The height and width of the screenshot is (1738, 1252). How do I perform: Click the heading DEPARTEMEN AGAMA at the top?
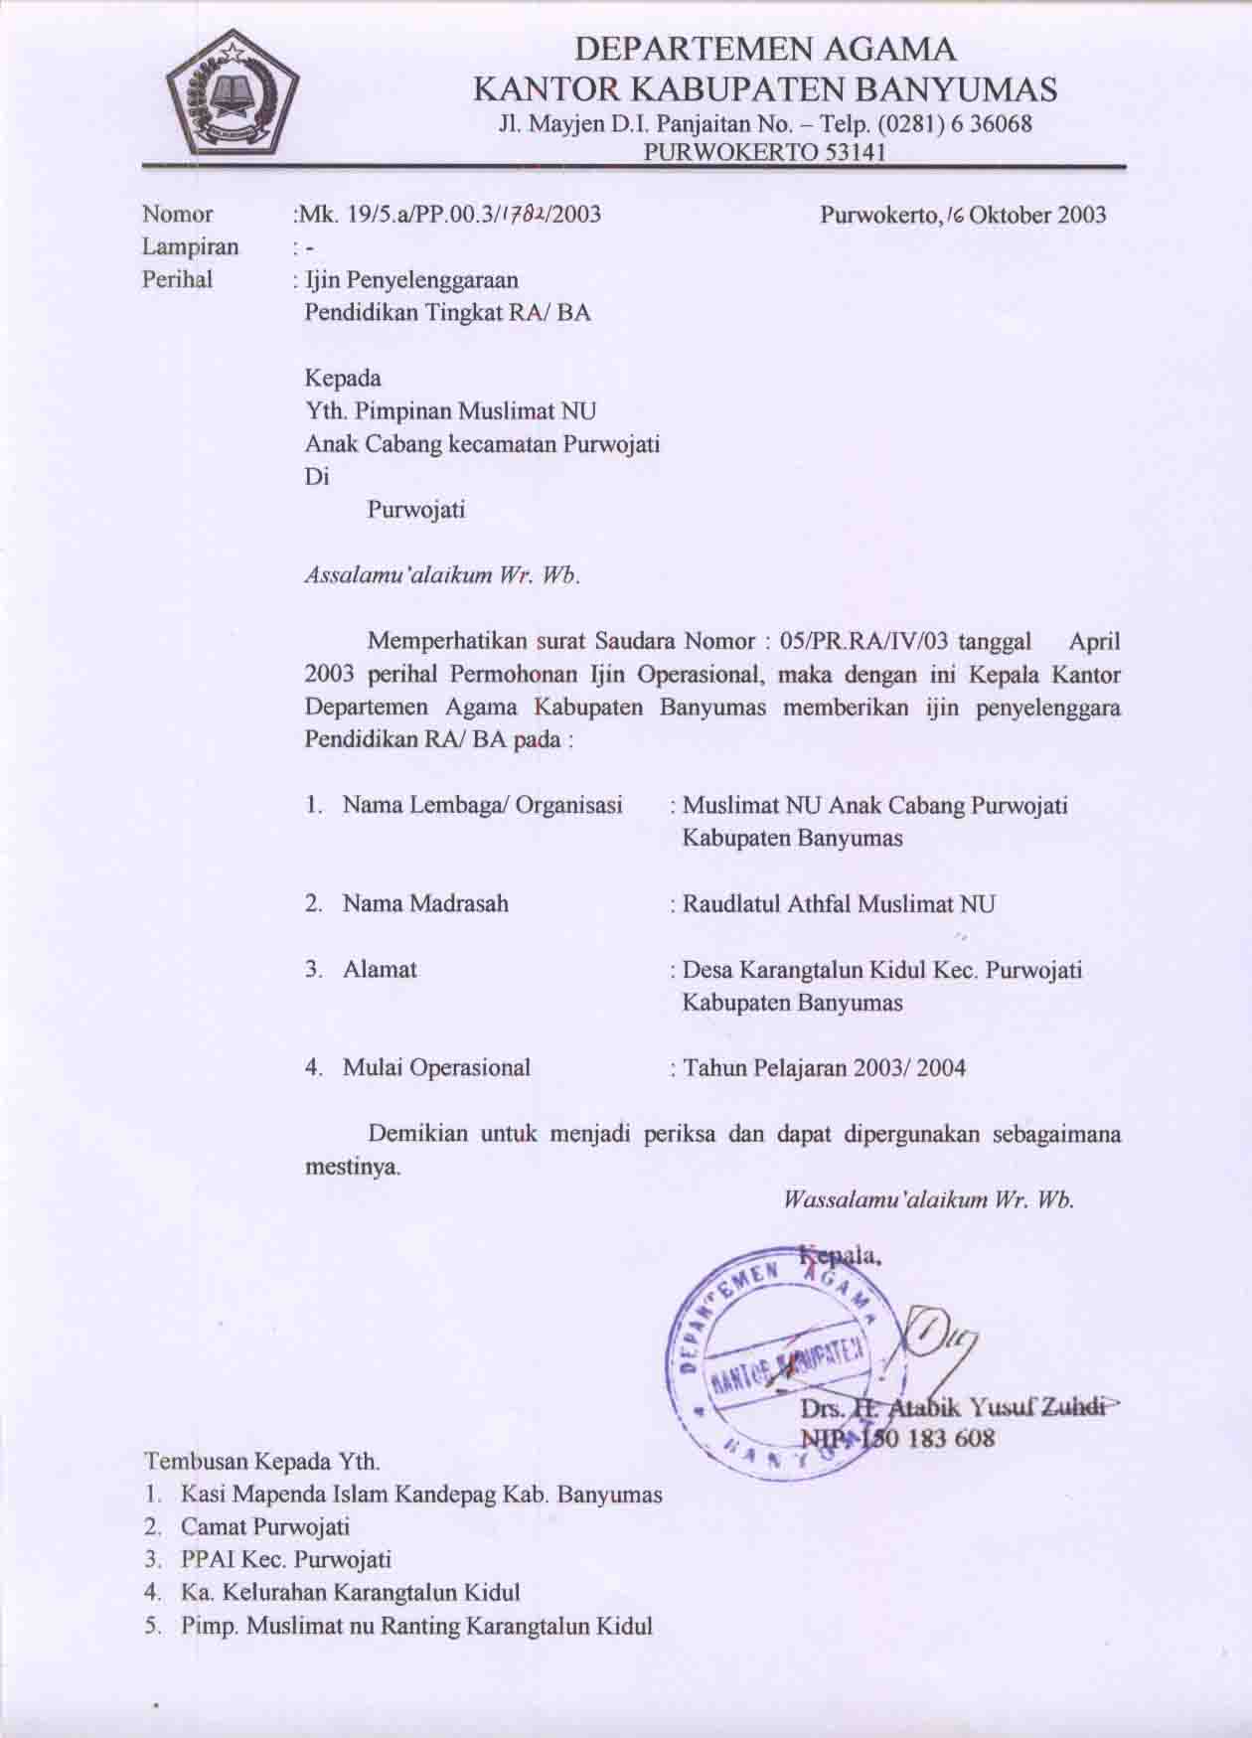[766, 49]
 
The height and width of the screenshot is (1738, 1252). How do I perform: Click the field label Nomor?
[178, 214]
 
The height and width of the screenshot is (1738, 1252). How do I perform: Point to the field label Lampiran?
[191, 246]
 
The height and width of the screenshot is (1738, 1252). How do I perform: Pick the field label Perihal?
[178, 279]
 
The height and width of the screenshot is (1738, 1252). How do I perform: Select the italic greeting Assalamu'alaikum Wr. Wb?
[441, 575]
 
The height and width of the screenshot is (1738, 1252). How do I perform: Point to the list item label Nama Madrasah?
[425, 903]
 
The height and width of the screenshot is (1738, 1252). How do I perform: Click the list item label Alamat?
[380, 969]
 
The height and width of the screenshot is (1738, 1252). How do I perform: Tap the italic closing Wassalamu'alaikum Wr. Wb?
[929, 1199]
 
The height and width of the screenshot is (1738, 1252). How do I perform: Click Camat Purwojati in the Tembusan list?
[264, 1526]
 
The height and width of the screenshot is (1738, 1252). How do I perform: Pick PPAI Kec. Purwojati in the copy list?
[286, 1559]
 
